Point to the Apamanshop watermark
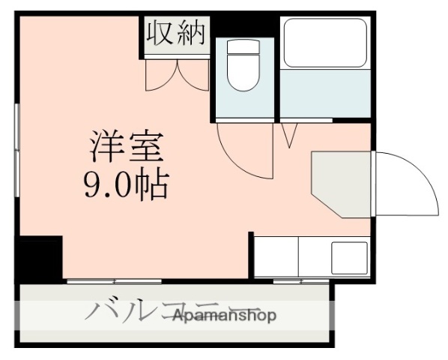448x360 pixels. [225, 316]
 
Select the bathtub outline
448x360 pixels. [324, 43]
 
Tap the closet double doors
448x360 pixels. [177, 73]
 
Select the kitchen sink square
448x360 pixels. [349, 257]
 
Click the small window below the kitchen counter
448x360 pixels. [300, 281]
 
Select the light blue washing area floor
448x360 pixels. [324, 94]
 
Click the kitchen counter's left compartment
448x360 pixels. [276, 257]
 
